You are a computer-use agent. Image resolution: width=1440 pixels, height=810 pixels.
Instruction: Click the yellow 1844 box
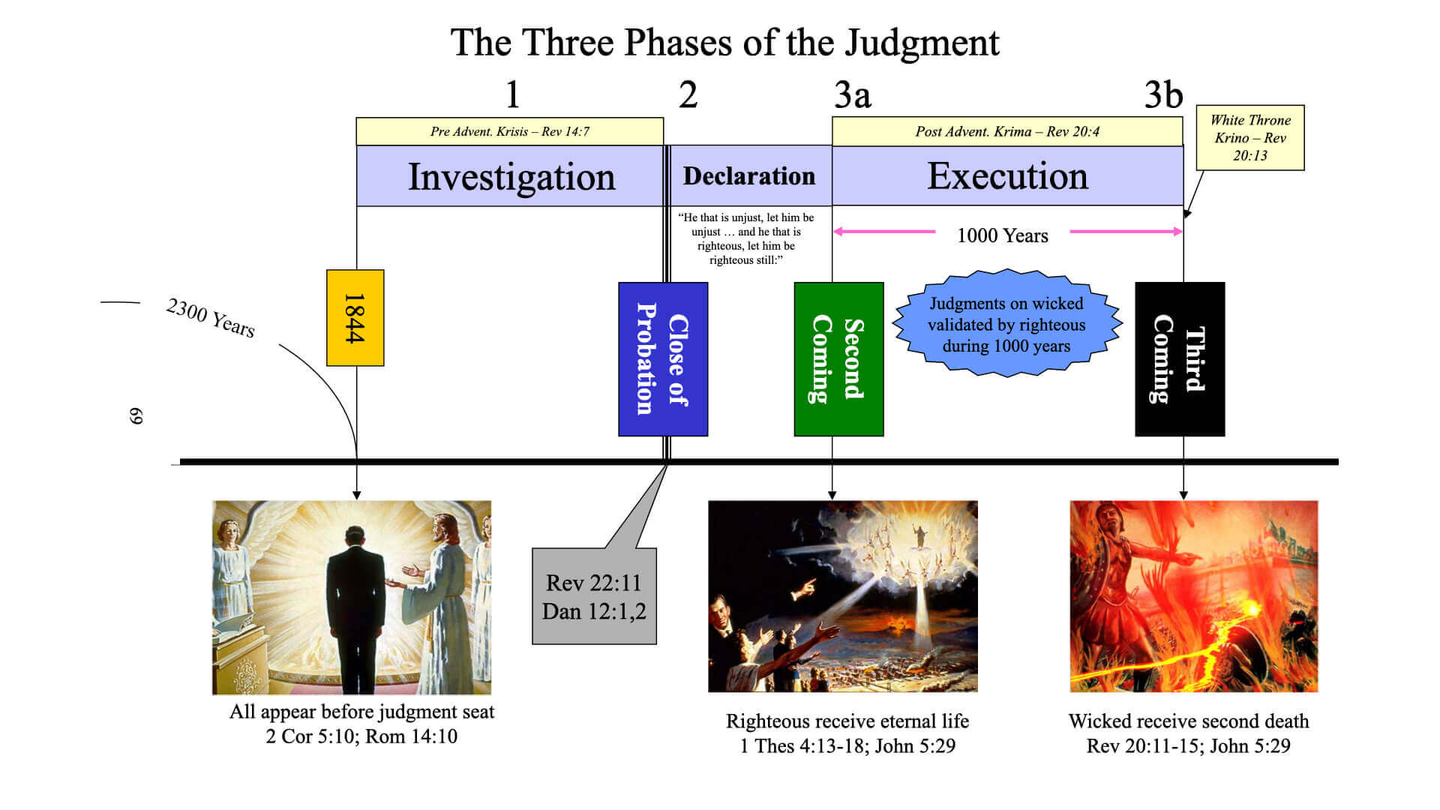coord(355,318)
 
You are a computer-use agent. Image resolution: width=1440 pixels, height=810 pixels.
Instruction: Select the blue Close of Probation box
coord(663,359)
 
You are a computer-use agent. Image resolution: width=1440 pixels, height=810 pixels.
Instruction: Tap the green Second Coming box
coord(838,359)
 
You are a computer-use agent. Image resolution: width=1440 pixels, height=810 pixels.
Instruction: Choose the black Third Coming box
coord(1180,359)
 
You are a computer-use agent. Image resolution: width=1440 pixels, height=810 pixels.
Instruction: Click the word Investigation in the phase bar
coord(511,177)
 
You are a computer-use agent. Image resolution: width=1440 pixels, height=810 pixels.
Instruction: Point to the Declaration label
coord(748,176)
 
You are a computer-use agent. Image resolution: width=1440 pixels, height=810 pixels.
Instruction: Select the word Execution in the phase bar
coord(1007,176)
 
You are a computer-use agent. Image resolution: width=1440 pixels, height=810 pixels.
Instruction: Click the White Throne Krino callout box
coord(1250,138)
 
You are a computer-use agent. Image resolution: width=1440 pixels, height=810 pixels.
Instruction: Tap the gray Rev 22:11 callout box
coord(594,597)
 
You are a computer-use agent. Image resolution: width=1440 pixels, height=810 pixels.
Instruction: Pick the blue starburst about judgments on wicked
coord(1006,324)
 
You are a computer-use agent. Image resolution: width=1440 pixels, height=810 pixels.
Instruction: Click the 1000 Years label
coord(1003,235)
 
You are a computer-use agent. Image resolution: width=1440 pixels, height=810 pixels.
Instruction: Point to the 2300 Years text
coord(211,317)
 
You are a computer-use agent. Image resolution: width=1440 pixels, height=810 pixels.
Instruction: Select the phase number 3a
coord(853,95)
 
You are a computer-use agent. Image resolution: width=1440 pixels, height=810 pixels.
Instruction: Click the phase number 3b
coord(1163,95)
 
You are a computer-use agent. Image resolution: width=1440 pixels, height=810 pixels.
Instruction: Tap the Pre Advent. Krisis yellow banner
coord(509,132)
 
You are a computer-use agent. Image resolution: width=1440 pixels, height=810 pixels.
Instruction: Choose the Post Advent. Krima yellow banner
coord(1007,132)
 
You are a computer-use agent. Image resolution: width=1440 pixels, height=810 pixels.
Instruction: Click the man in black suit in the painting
coord(356,607)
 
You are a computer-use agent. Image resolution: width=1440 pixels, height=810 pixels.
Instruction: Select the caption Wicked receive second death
coord(1189,721)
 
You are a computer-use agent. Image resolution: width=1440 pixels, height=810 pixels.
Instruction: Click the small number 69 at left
coord(136,416)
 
